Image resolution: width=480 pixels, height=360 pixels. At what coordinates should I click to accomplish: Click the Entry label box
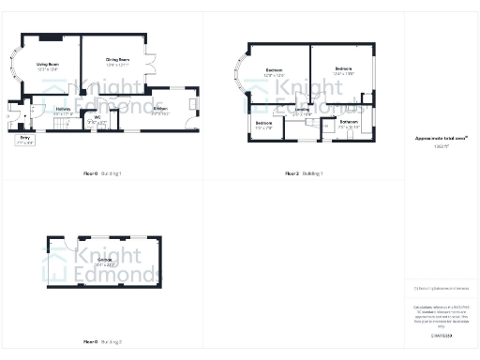click(24, 140)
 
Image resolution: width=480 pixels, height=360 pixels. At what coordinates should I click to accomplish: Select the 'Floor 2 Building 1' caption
click(305, 174)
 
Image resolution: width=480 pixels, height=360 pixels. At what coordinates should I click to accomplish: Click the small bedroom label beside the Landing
click(264, 125)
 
